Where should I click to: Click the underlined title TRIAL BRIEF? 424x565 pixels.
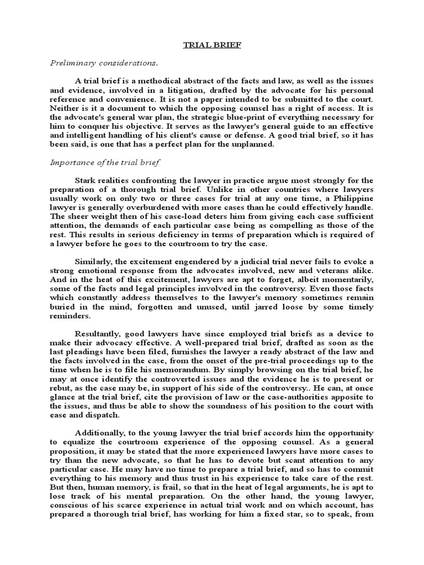click(x=212, y=45)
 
